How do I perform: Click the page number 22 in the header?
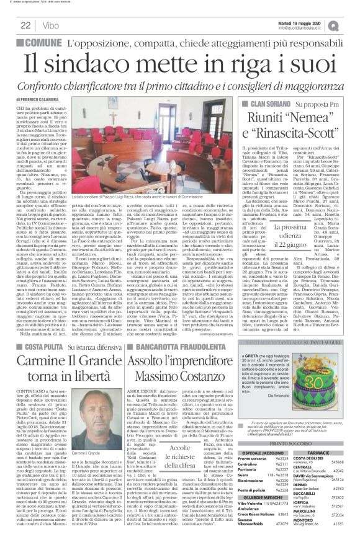tap(25, 25)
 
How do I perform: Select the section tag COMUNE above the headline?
tap(43, 43)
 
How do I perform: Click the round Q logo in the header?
tap(351, 25)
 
